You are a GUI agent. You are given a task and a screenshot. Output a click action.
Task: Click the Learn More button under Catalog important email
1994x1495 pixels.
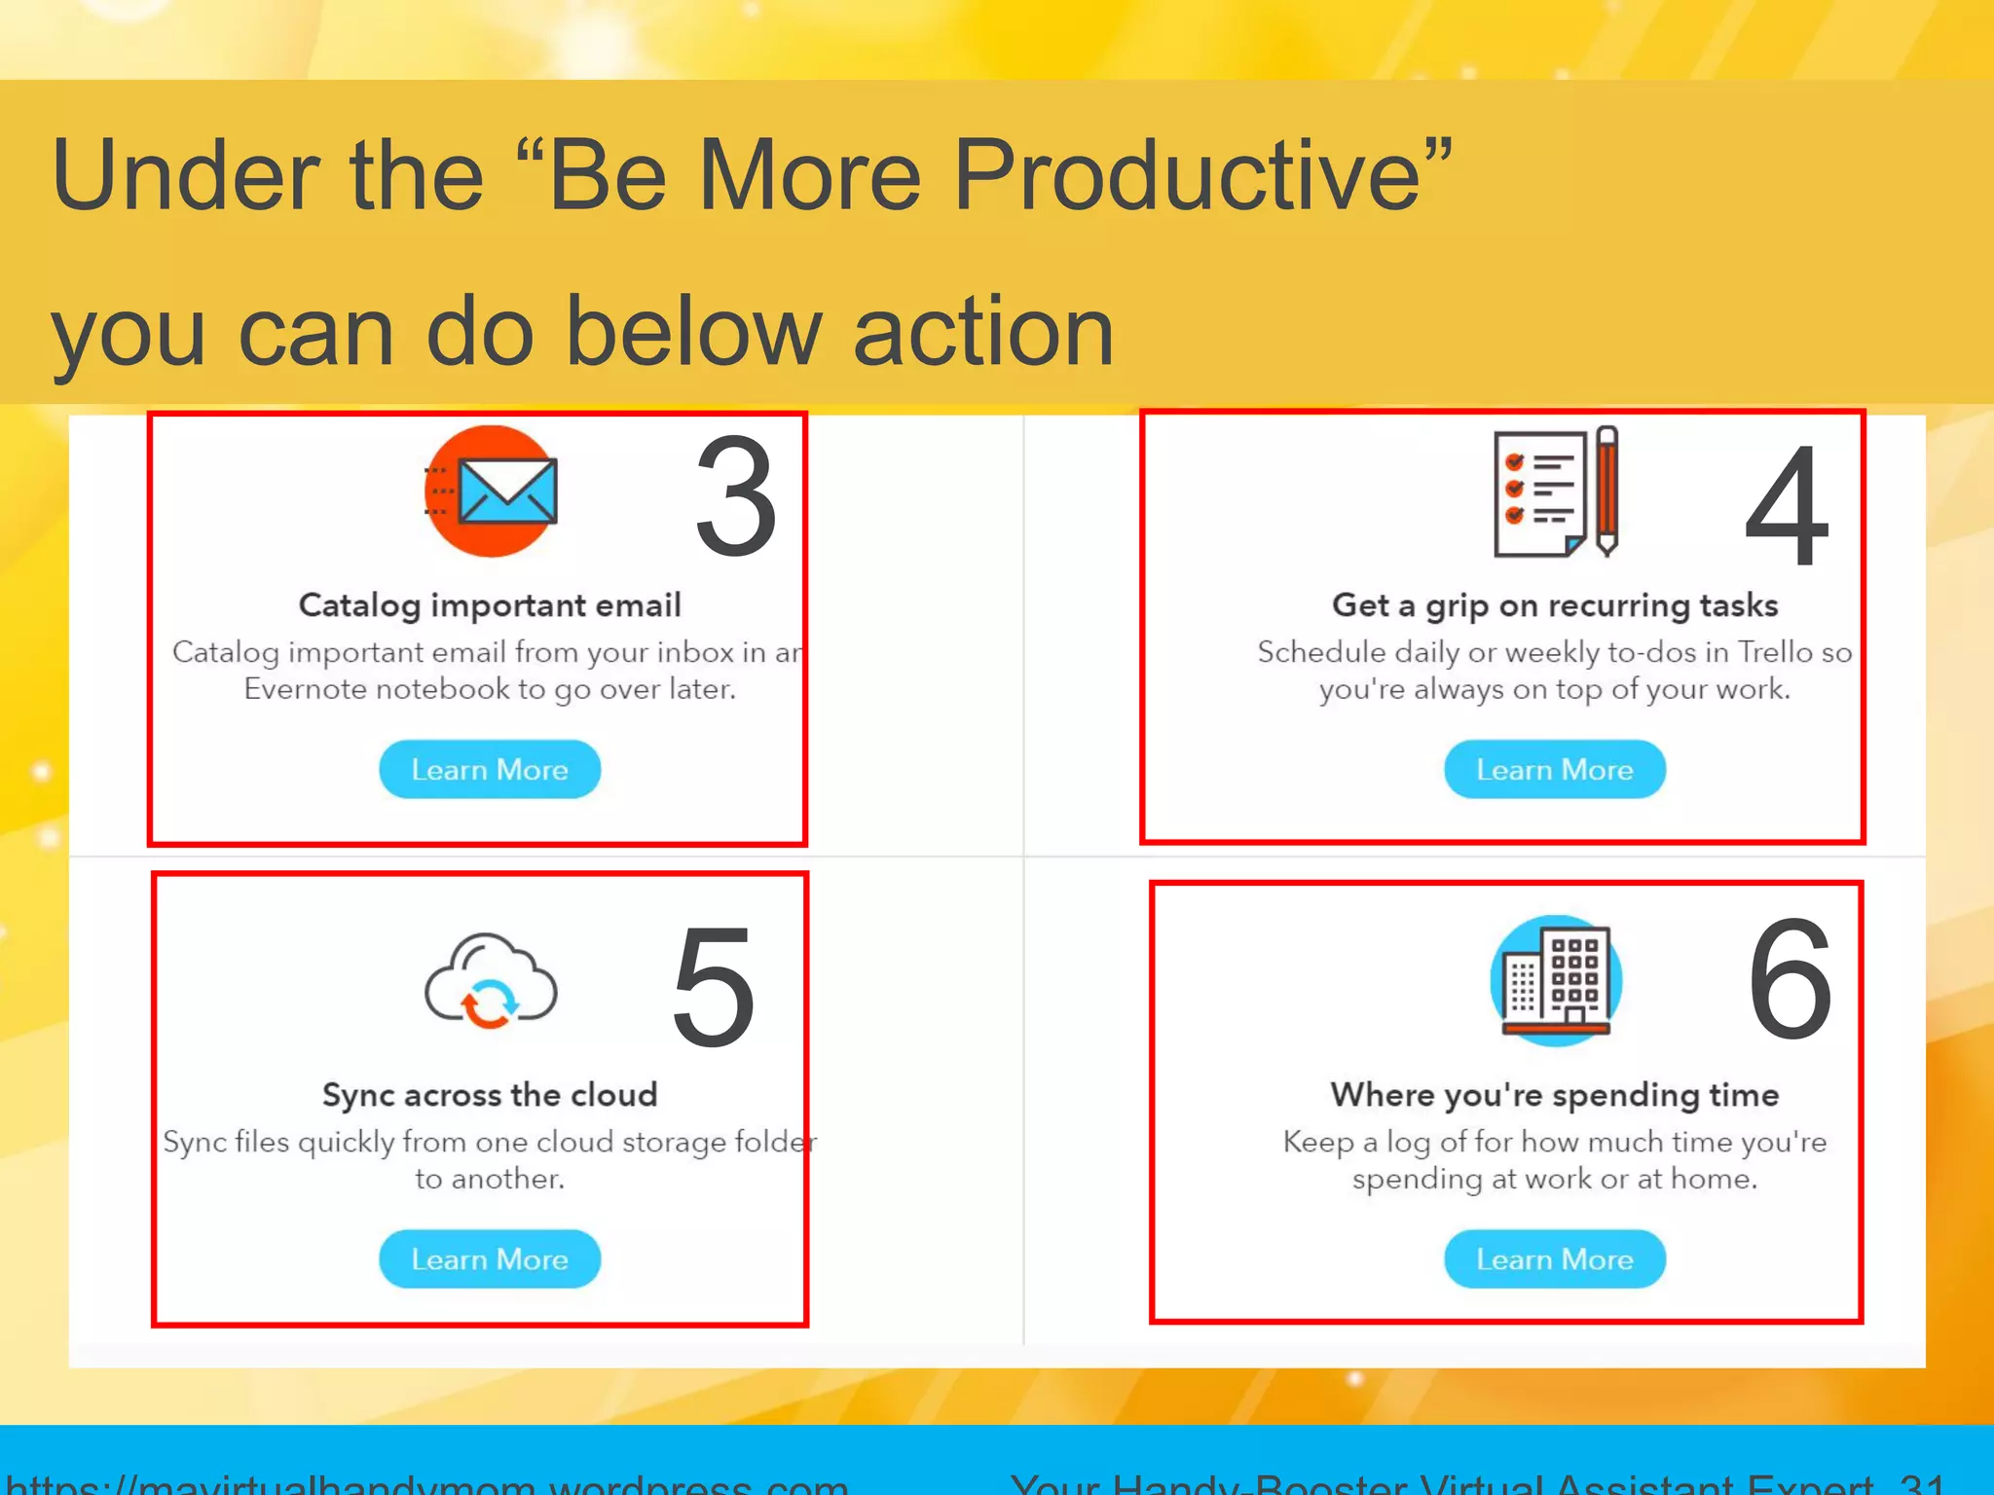pyautogui.click(x=489, y=769)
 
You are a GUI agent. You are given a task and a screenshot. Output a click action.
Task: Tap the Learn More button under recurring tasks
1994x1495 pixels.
pyautogui.click(x=1554, y=769)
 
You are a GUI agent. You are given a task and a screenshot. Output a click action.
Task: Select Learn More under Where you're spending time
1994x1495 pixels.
pyautogui.click(x=1554, y=1258)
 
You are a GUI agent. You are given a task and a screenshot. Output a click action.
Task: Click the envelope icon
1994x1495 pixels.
pyautogui.click(x=493, y=491)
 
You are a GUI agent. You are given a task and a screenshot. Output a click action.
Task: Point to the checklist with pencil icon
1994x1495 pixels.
pyautogui.click(x=1556, y=492)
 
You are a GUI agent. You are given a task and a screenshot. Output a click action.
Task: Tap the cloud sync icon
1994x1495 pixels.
pyautogui.click(x=490, y=981)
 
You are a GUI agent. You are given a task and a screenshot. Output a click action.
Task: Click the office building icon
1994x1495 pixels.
pyautogui.click(x=1555, y=980)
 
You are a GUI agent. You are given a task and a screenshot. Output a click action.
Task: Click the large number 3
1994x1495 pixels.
pyautogui.click(x=736, y=498)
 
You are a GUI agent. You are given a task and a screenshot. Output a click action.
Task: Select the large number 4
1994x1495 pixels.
pyautogui.click(x=1787, y=506)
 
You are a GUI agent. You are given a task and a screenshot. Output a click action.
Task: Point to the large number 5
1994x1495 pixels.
pyautogui.click(x=714, y=988)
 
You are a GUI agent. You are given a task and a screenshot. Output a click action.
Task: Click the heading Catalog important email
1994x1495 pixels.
pyautogui.click(x=490, y=605)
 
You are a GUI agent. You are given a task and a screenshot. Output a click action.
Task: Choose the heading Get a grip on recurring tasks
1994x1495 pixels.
pyautogui.click(x=1555, y=605)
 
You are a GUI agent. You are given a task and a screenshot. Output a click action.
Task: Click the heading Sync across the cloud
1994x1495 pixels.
pyautogui.click(x=490, y=1095)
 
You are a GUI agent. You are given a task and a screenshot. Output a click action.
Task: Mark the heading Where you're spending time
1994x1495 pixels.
pyautogui.click(x=1555, y=1095)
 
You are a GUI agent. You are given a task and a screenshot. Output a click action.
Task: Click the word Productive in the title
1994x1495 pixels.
pyautogui.click(x=1188, y=175)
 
